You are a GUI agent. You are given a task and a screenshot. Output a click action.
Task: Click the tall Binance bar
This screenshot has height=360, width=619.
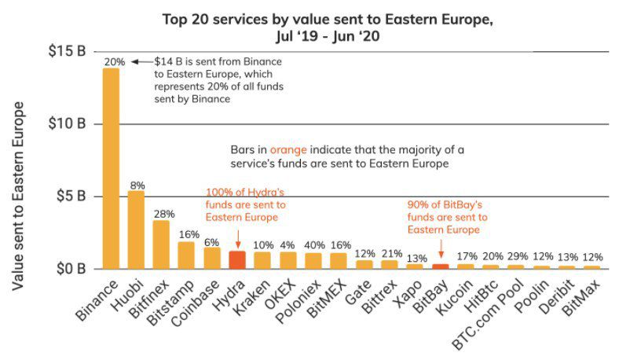tap(112, 168)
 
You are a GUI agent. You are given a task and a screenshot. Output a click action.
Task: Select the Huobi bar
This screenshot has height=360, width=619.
tap(136, 230)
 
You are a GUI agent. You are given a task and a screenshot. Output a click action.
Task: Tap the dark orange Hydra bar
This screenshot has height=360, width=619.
tap(237, 259)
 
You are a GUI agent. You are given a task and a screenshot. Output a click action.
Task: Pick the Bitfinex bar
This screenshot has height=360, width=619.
tap(161, 244)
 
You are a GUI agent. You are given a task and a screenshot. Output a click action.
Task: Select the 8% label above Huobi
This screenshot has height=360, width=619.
tap(137, 185)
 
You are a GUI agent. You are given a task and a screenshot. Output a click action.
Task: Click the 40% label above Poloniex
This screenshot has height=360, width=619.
tap(313, 245)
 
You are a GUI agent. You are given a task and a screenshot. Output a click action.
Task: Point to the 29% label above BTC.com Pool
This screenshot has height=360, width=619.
tap(515, 257)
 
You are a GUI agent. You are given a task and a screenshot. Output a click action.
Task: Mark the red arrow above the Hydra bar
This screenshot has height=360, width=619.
tap(238, 238)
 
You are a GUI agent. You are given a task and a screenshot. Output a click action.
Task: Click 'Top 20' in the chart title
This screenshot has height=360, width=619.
tap(184, 19)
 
